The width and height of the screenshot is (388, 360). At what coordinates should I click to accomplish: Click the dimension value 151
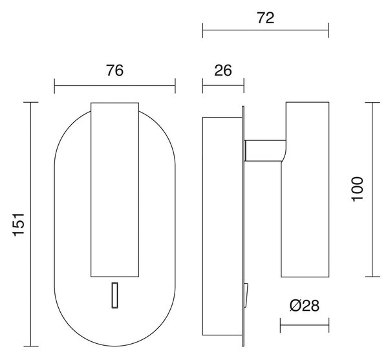tap(19, 224)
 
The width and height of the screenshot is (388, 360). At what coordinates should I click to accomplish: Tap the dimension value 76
tap(114, 70)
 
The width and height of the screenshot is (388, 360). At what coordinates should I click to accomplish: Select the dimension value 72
tap(266, 18)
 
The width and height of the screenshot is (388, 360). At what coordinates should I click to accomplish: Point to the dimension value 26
tap(223, 70)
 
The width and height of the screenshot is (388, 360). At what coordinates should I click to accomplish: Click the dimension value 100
tap(357, 189)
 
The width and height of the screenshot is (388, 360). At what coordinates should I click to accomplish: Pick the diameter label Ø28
tap(305, 306)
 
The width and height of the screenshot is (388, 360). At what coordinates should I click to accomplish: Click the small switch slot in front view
tap(114, 295)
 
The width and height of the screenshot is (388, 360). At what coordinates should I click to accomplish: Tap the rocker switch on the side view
tap(246, 295)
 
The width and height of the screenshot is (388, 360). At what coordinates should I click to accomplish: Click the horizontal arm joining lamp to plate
tap(264, 151)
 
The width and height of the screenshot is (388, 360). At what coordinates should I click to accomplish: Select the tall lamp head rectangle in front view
tap(115, 189)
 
